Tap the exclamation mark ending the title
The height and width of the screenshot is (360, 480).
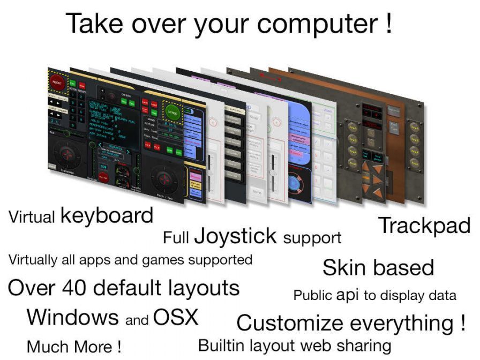tap(388, 24)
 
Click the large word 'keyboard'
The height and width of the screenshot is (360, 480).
tap(107, 215)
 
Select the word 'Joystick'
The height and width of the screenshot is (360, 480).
tap(235, 236)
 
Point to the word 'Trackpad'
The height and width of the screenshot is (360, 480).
tap(424, 226)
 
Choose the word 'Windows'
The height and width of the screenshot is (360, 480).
tap(73, 317)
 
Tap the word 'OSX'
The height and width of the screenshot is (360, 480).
tap(175, 317)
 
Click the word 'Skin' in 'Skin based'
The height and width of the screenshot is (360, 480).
tap(344, 267)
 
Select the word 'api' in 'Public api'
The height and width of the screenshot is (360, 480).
tap(347, 295)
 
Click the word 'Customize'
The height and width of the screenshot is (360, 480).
tap(289, 323)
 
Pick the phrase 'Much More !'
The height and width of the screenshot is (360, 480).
tap(73, 346)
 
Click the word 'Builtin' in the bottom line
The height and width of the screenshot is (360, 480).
tap(221, 345)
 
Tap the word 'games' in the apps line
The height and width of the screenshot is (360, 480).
tap(163, 260)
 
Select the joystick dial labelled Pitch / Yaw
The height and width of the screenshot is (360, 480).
tap(163, 177)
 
